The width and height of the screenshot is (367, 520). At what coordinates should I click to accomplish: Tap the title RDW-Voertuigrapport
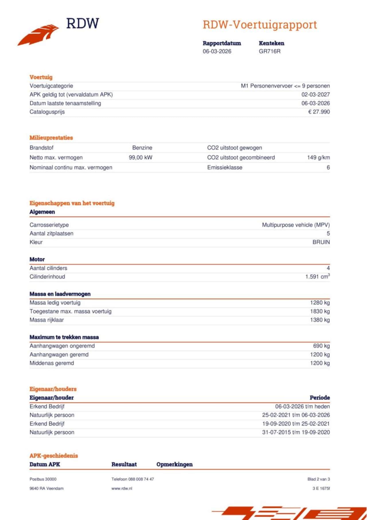pos(260,25)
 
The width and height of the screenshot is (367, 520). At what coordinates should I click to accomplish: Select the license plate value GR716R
pos(270,51)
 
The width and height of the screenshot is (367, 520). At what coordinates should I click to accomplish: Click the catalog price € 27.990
pos(319,112)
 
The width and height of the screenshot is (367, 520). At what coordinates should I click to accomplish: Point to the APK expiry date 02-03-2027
pos(315,94)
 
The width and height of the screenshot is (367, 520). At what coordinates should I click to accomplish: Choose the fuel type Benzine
pos(142,148)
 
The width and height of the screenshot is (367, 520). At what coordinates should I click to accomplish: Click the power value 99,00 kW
pos(140,158)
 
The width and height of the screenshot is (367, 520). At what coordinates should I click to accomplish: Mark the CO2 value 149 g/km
pos(318,158)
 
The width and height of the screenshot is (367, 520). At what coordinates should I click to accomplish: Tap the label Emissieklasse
pos(225,167)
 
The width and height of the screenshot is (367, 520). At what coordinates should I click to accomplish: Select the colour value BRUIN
pos(321,242)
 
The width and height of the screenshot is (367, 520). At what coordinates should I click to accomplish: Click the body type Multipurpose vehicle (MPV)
pos(296,225)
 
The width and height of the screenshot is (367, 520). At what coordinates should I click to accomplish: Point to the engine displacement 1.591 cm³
pos(317,277)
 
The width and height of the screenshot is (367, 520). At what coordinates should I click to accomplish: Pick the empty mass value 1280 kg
pos(320,302)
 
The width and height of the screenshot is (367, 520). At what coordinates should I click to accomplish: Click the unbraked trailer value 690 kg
pos(321,346)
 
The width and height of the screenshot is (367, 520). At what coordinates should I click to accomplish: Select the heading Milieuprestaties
pos(51,138)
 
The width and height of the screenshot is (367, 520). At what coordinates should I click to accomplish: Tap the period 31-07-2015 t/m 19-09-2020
pos(296,432)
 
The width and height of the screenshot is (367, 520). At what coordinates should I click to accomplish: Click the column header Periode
pos(320,398)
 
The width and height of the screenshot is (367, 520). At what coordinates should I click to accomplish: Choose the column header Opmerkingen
pos(175,464)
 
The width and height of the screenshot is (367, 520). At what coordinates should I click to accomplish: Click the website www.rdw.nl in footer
pos(122,488)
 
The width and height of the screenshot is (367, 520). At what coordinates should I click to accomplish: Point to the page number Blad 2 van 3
pos(319,479)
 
